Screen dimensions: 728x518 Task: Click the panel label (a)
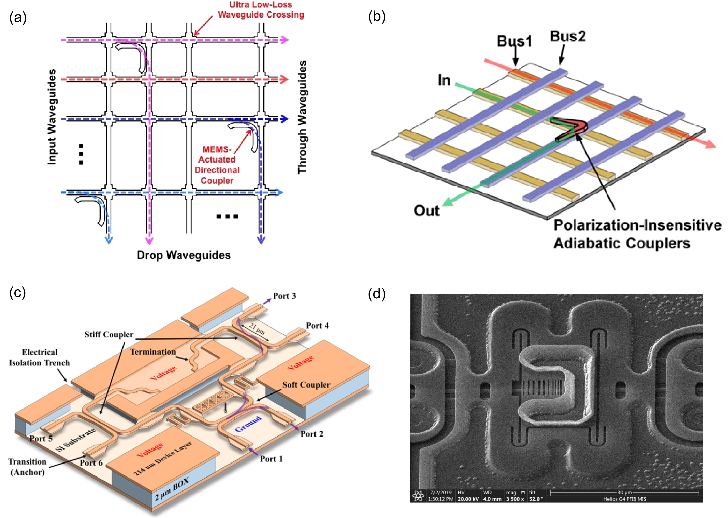click(x=18, y=17)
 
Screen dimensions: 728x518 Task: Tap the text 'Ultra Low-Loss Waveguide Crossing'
click(x=261, y=10)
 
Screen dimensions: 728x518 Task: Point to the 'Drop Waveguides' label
click(x=184, y=255)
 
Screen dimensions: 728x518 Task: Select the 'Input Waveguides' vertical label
click(x=52, y=117)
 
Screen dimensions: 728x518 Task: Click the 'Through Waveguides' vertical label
click(x=302, y=117)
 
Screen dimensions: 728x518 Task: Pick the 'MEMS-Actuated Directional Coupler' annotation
click(x=217, y=165)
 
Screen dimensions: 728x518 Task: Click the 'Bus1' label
click(x=515, y=41)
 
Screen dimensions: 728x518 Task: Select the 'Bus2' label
click(x=568, y=36)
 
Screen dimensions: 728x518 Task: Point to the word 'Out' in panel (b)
click(x=426, y=210)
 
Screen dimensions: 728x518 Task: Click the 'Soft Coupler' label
click(x=306, y=385)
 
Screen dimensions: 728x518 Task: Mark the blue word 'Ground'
click(x=248, y=423)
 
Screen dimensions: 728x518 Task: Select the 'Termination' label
click(x=153, y=352)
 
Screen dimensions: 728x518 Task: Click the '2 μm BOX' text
click(x=172, y=489)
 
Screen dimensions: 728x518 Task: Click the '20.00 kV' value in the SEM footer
click(x=468, y=499)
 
